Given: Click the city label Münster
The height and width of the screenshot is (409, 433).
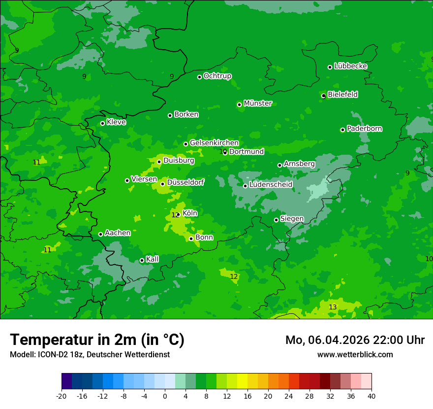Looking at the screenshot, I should click(258, 103).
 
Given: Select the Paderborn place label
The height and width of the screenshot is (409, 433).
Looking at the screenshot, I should click(364, 129).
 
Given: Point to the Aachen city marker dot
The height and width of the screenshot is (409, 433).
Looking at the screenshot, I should click(100, 234).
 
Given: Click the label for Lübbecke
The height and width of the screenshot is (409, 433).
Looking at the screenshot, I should click(350, 66).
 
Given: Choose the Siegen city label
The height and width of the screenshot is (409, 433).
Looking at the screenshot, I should click(292, 219).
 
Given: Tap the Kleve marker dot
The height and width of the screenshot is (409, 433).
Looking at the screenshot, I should click(102, 123).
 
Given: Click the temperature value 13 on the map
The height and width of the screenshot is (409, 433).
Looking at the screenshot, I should click(333, 307).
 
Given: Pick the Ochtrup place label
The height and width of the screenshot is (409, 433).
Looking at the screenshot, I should click(217, 76).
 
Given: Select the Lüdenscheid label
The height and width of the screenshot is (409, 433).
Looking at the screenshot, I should click(271, 185).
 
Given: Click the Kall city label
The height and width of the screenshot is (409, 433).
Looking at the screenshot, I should click(153, 259).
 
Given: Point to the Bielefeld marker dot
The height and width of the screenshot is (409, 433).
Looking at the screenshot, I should click(323, 96).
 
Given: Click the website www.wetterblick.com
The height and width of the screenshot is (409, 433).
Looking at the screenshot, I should click(355, 354).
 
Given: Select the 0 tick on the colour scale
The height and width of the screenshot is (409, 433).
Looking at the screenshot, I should click(165, 396).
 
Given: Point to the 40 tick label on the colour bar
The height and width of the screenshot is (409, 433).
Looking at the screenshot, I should click(371, 396).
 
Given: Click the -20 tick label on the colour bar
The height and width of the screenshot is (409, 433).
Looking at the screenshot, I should click(61, 396).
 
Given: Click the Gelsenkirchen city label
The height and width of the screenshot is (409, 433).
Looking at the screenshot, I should click(214, 143).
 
